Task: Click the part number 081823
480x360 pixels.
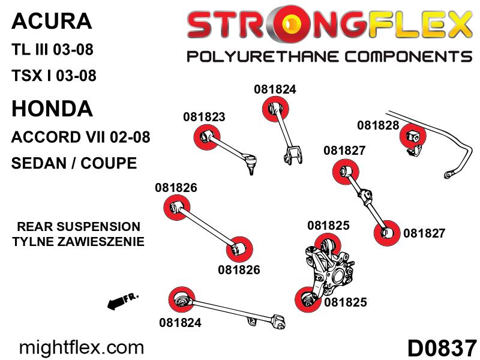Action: click(204, 117)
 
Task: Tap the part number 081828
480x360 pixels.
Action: click(378, 125)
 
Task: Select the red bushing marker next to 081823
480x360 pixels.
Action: click(207, 137)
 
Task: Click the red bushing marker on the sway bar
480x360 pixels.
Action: click(413, 137)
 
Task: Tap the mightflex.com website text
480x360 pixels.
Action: click(82, 348)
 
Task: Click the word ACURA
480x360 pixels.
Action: click(52, 21)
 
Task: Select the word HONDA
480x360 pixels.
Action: click(52, 109)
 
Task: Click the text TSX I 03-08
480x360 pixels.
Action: click(54, 76)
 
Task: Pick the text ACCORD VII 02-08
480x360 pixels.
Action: click(81, 137)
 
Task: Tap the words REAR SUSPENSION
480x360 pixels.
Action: click(79, 227)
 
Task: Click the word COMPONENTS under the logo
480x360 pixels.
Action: click(409, 57)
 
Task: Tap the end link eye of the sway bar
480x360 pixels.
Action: click(448, 175)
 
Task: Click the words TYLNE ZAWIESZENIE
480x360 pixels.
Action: click(79, 242)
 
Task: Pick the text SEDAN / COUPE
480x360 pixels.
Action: click(74, 163)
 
